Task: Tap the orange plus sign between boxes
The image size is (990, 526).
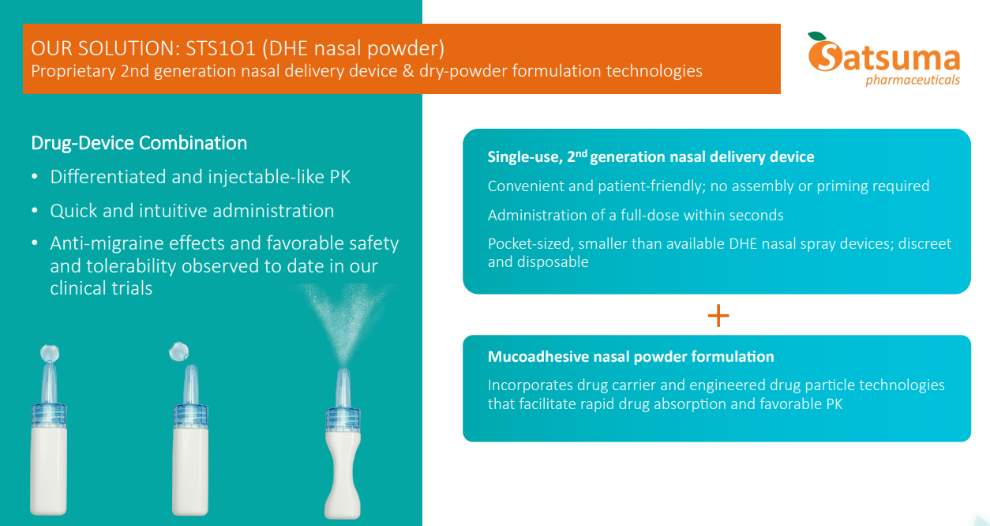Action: pyautogui.click(x=718, y=316)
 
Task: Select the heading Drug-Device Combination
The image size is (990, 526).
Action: pyautogui.click(x=139, y=143)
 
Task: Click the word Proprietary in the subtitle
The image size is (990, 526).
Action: pyautogui.click(x=73, y=71)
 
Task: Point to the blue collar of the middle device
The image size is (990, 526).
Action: pyautogui.click(x=189, y=414)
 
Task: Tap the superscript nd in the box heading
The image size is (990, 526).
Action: pyautogui.click(x=580, y=152)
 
